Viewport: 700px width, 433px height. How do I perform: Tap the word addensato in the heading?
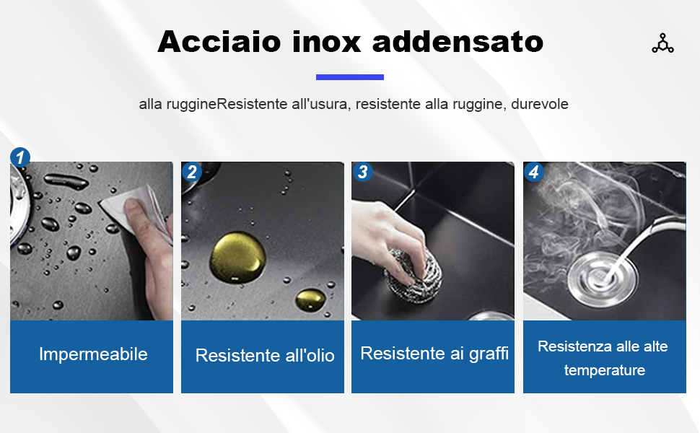point(458,41)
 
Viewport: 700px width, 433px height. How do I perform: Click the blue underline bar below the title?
point(350,76)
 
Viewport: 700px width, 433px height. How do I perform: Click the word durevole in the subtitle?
point(540,104)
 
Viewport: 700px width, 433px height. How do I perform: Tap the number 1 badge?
point(20,157)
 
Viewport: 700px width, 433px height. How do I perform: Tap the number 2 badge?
point(191,172)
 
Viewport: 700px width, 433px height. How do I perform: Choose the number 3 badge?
point(362,172)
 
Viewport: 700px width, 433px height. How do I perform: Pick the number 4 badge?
point(534,172)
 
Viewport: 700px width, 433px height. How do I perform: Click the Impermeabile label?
point(93,354)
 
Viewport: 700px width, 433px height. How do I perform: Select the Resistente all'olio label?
point(265,356)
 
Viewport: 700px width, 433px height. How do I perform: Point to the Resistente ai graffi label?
point(434,354)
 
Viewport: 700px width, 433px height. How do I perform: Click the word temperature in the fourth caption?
point(605,371)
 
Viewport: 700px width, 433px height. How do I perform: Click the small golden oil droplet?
point(310,297)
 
